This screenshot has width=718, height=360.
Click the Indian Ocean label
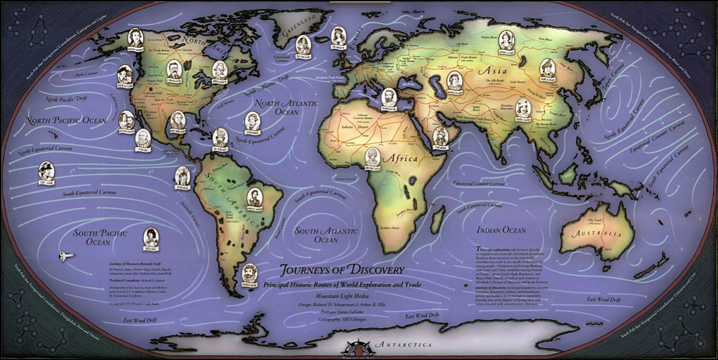click(501, 230)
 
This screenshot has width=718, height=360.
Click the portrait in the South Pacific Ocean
click(151, 238)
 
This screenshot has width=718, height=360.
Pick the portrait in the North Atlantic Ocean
click(253, 121)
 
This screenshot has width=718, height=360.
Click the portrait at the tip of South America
click(249, 273)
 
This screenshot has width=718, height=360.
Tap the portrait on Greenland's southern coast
click(303, 44)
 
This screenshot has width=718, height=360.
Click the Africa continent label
click(400, 159)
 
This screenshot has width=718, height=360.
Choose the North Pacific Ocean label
click(66, 120)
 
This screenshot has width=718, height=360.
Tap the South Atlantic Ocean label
click(326, 234)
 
